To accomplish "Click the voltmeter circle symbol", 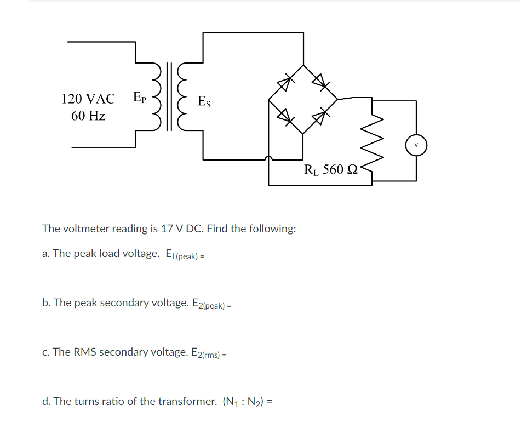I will point(416,145).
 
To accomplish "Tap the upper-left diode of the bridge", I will point(284,83).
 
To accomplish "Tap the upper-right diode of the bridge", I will point(320,83).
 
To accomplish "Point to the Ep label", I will point(139,98).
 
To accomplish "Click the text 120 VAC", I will point(88,99).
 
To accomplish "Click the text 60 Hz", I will point(88,116).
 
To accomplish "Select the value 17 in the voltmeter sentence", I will point(167,229).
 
